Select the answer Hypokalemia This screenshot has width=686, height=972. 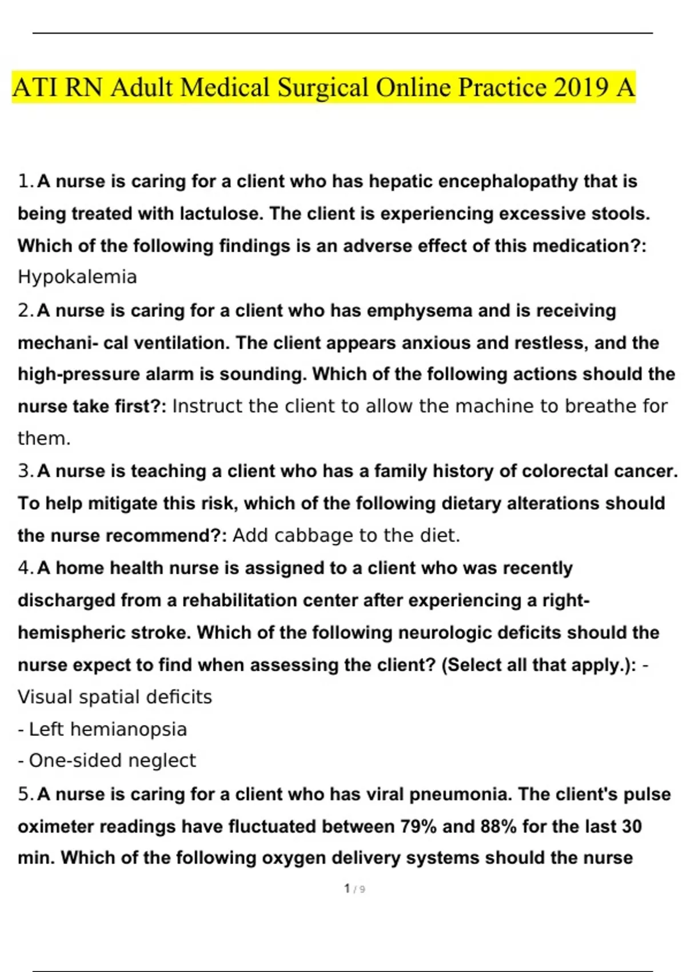pos(77,277)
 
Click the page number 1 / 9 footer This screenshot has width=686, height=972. pos(354,889)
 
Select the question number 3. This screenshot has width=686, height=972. pos(25,471)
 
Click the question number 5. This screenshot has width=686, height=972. pos(25,794)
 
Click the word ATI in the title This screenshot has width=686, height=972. pos(35,87)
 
